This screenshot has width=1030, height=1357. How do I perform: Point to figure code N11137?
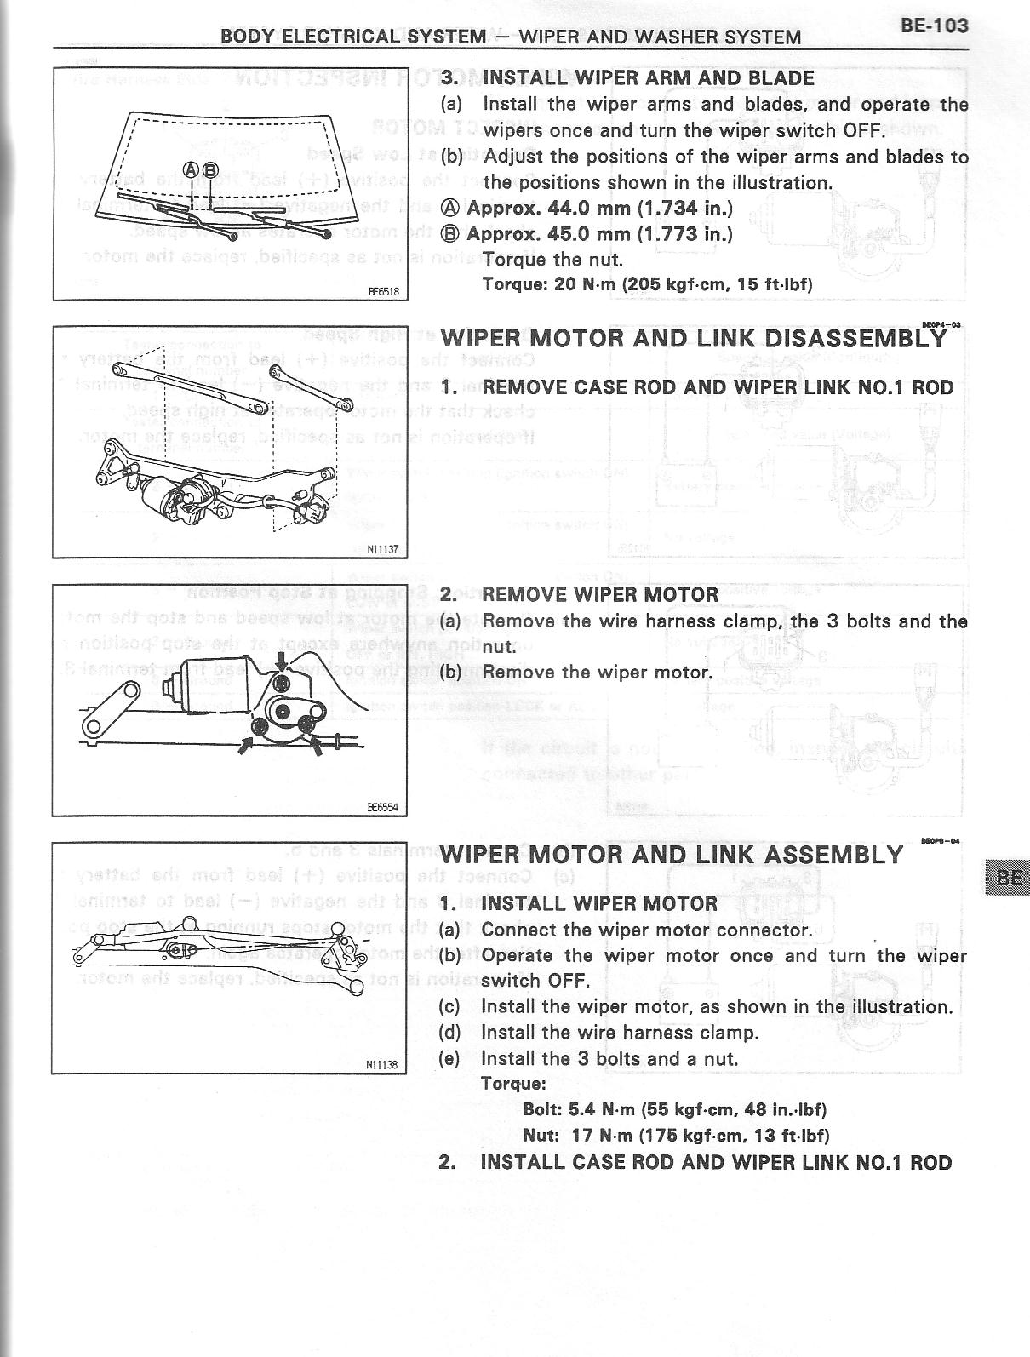pos(382,550)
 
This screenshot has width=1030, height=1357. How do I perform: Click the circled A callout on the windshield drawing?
pos(192,169)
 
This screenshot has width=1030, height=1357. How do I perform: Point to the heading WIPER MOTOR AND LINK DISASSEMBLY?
pos(693,338)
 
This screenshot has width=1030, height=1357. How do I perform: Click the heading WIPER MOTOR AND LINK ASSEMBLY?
pos(672,854)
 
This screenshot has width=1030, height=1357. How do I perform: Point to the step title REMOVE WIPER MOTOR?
pos(600,594)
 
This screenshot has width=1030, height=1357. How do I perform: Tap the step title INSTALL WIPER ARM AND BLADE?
pos(648,78)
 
